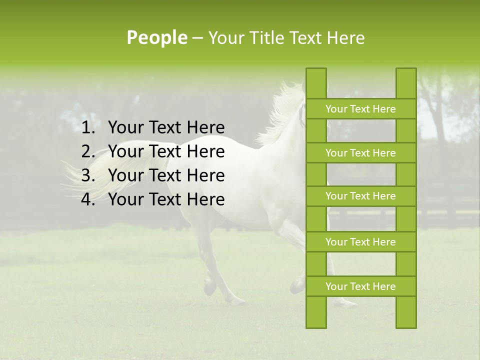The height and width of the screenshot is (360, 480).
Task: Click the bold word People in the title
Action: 156,38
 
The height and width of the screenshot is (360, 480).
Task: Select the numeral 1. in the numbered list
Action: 88,128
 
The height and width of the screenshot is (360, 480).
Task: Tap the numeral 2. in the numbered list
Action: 88,151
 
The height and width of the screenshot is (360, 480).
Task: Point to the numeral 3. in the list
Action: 88,175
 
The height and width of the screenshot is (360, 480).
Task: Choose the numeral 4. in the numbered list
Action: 88,199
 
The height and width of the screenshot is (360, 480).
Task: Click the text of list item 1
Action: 166,128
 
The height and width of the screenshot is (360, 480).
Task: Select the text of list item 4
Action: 166,199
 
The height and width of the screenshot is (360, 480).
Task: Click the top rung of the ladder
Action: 360,109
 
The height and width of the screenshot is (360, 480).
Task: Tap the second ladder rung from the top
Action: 360,153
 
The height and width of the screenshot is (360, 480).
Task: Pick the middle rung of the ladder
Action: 360,196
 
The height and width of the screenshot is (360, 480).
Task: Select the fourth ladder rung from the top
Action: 360,242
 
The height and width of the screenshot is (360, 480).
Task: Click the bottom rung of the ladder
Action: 360,286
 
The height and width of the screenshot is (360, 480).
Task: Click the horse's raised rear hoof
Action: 209,287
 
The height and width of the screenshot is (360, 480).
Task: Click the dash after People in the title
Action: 197,38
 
